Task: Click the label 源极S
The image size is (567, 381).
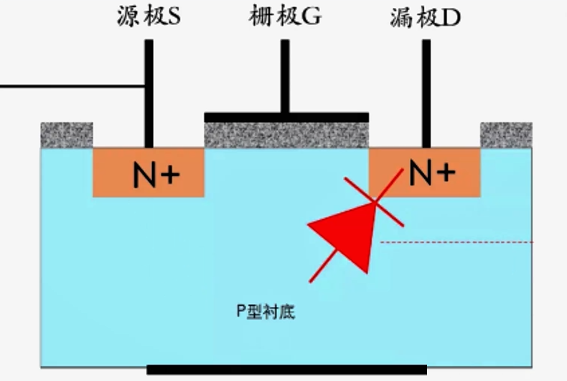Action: click(x=149, y=17)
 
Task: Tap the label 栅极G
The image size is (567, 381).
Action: click(x=285, y=17)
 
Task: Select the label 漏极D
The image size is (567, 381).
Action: click(x=426, y=17)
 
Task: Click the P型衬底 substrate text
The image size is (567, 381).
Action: click(x=266, y=312)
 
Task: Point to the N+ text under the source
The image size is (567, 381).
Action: click(x=156, y=175)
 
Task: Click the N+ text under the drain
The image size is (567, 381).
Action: click(x=431, y=173)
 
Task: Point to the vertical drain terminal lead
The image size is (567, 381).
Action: click(x=426, y=93)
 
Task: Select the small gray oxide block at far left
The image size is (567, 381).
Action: click(x=67, y=134)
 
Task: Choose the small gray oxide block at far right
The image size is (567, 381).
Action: click(x=506, y=134)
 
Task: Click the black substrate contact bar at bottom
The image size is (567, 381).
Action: click(x=286, y=370)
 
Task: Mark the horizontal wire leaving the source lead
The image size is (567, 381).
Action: click(x=72, y=86)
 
